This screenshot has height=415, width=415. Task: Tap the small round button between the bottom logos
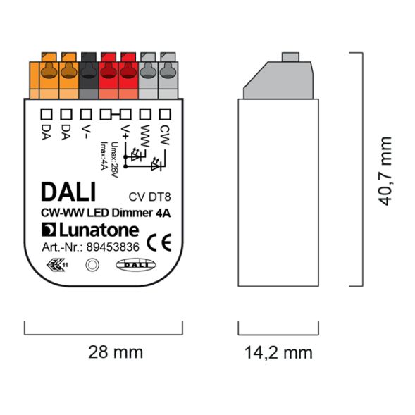tap(92, 266)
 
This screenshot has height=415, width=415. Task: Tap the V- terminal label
tap(85, 131)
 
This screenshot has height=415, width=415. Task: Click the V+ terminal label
tap(125, 131)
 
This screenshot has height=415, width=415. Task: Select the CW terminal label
tap(166, 132)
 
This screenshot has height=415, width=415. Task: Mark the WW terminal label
tap(145, 134)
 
